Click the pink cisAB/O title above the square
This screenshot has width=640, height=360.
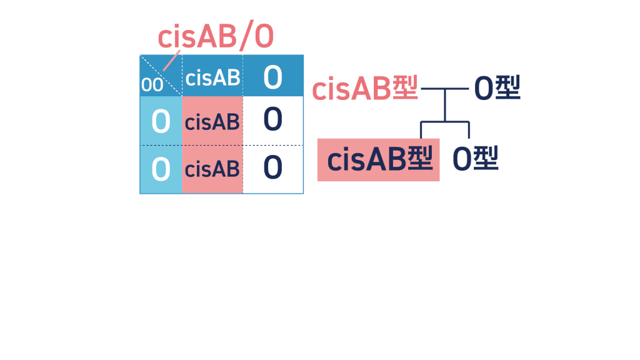(215, 37)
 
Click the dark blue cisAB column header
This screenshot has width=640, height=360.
(212, 77)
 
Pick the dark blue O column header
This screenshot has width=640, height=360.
(272, 77)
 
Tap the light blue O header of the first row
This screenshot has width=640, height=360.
(161, 121)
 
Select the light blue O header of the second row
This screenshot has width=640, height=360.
(161, 169)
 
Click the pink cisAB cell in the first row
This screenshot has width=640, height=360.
(212, 122)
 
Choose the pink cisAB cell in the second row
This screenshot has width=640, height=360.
(212, 169)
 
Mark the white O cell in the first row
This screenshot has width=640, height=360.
(272, 119)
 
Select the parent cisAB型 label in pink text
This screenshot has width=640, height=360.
(364, 89)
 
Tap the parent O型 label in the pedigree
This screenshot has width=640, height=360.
(496, 88)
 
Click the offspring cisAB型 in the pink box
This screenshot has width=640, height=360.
(379, 160)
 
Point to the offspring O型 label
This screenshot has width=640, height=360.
(475, 159)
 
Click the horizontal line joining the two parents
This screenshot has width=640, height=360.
(445, 89)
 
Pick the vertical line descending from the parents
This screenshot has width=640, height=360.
(445, 105)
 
